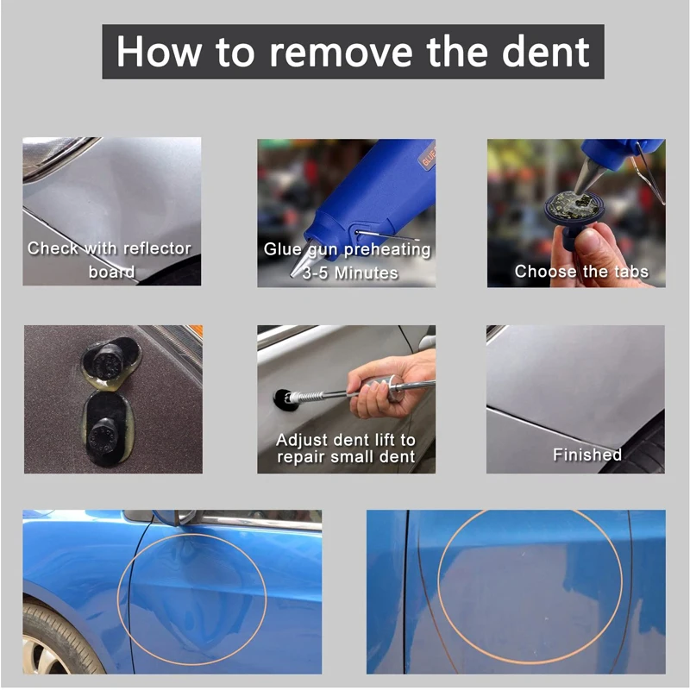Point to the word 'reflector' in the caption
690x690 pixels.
coord(157,248)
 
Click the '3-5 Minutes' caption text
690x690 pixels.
coord(350,273)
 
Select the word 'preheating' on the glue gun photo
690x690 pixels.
coord(387,249)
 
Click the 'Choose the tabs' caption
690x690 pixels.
coord(581,271)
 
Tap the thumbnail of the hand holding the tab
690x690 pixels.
coord(576,213)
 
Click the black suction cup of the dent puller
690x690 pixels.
coord(285,400)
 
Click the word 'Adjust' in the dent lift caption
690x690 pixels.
coord(302,440)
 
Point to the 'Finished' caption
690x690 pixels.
coord(587,455)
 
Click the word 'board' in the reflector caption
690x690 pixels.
coord(111,272)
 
